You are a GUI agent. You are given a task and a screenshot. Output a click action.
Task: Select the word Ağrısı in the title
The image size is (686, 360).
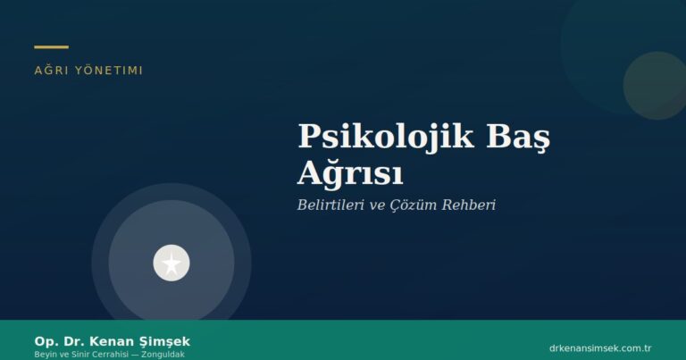tap(350, 172)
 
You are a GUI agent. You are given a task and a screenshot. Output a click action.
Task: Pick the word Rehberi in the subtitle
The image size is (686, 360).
tap(467, 205)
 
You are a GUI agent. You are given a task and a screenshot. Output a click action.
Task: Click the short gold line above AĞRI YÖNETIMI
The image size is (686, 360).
tap(51, 46)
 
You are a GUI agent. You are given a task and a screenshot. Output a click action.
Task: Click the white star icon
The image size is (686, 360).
tap(171, 263)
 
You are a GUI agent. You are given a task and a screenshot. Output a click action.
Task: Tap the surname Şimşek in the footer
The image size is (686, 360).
tap(167, 341)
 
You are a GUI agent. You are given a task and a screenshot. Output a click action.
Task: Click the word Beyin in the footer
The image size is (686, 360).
tap(45, 354)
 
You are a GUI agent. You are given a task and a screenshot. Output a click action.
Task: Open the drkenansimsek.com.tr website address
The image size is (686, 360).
tap(599, 347)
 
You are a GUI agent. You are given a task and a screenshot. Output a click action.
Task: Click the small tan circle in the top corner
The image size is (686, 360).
tap(655, 86)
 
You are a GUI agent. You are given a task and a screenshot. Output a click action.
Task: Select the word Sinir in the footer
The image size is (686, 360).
tap(75, 354)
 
